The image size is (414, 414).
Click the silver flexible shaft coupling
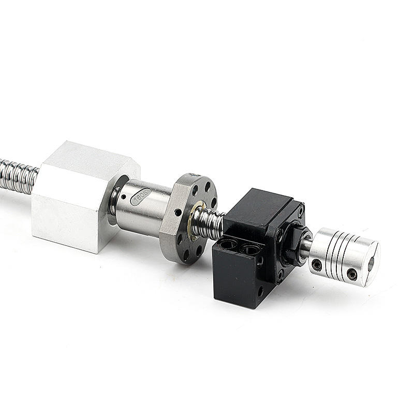(x=344, y=254)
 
